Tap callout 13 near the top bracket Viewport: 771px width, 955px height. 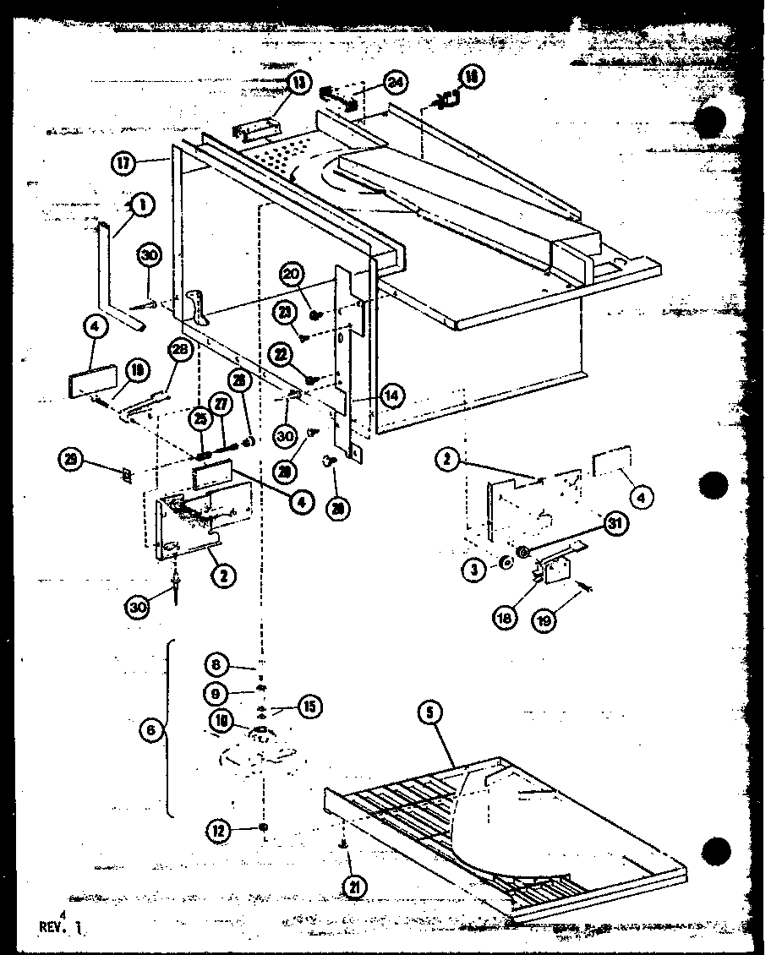click(x=300, y=82)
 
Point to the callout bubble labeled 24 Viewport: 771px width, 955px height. click(x=394, y=81)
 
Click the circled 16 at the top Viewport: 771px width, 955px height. click(x=470, y=77)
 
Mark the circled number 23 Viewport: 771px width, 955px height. click(x=286, y=313)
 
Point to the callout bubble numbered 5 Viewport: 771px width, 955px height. click(x=431, y=712)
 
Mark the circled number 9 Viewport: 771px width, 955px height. click(x=216, y=693)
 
